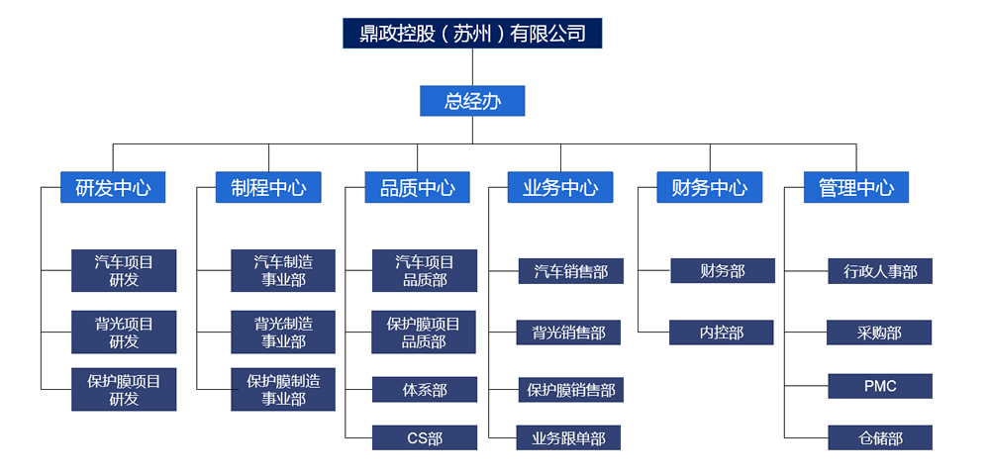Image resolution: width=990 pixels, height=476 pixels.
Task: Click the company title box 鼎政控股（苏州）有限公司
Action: [472, 34]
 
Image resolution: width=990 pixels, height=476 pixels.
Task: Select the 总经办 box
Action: [472, 101]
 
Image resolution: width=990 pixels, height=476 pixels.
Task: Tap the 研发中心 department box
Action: [113, 187]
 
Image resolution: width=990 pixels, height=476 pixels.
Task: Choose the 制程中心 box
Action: [268, 187]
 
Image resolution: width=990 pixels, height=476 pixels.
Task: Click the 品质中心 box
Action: [417, 187]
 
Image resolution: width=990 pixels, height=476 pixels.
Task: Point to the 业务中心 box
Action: [560, 187]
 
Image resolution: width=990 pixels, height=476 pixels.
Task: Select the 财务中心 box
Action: [709, 187]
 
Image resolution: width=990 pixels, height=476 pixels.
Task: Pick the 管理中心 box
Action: [855, 187]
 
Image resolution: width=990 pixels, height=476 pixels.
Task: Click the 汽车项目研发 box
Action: [124, 271]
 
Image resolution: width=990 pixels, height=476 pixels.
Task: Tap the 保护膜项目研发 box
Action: [124, 389]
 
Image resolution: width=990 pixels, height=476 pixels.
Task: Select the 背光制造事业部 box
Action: [283, 332]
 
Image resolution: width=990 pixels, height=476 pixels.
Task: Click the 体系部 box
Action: [425, 389]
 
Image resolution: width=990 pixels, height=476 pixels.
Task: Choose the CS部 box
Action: [425, 437]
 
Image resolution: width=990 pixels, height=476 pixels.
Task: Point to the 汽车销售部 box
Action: [570, 271]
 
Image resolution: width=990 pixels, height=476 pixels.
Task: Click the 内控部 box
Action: [722, 333]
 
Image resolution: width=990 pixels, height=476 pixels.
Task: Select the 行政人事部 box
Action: [880, 271]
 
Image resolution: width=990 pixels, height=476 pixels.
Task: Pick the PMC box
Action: [880, 386]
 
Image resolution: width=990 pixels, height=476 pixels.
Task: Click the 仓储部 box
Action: [880, 437]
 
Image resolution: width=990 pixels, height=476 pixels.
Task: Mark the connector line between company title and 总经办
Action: [472, 67]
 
